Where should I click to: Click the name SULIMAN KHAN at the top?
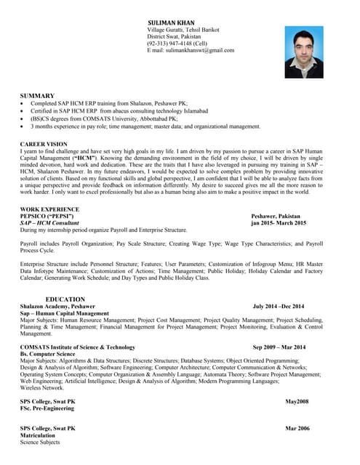171,23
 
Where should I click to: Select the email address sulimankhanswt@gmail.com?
191,51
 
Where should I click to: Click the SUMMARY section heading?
37,96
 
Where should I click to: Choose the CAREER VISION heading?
44,145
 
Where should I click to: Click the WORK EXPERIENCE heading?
49,209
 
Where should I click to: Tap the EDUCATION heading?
65,299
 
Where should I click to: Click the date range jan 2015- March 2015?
279,223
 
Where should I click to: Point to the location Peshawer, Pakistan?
275,217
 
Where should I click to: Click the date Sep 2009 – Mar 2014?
279,347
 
